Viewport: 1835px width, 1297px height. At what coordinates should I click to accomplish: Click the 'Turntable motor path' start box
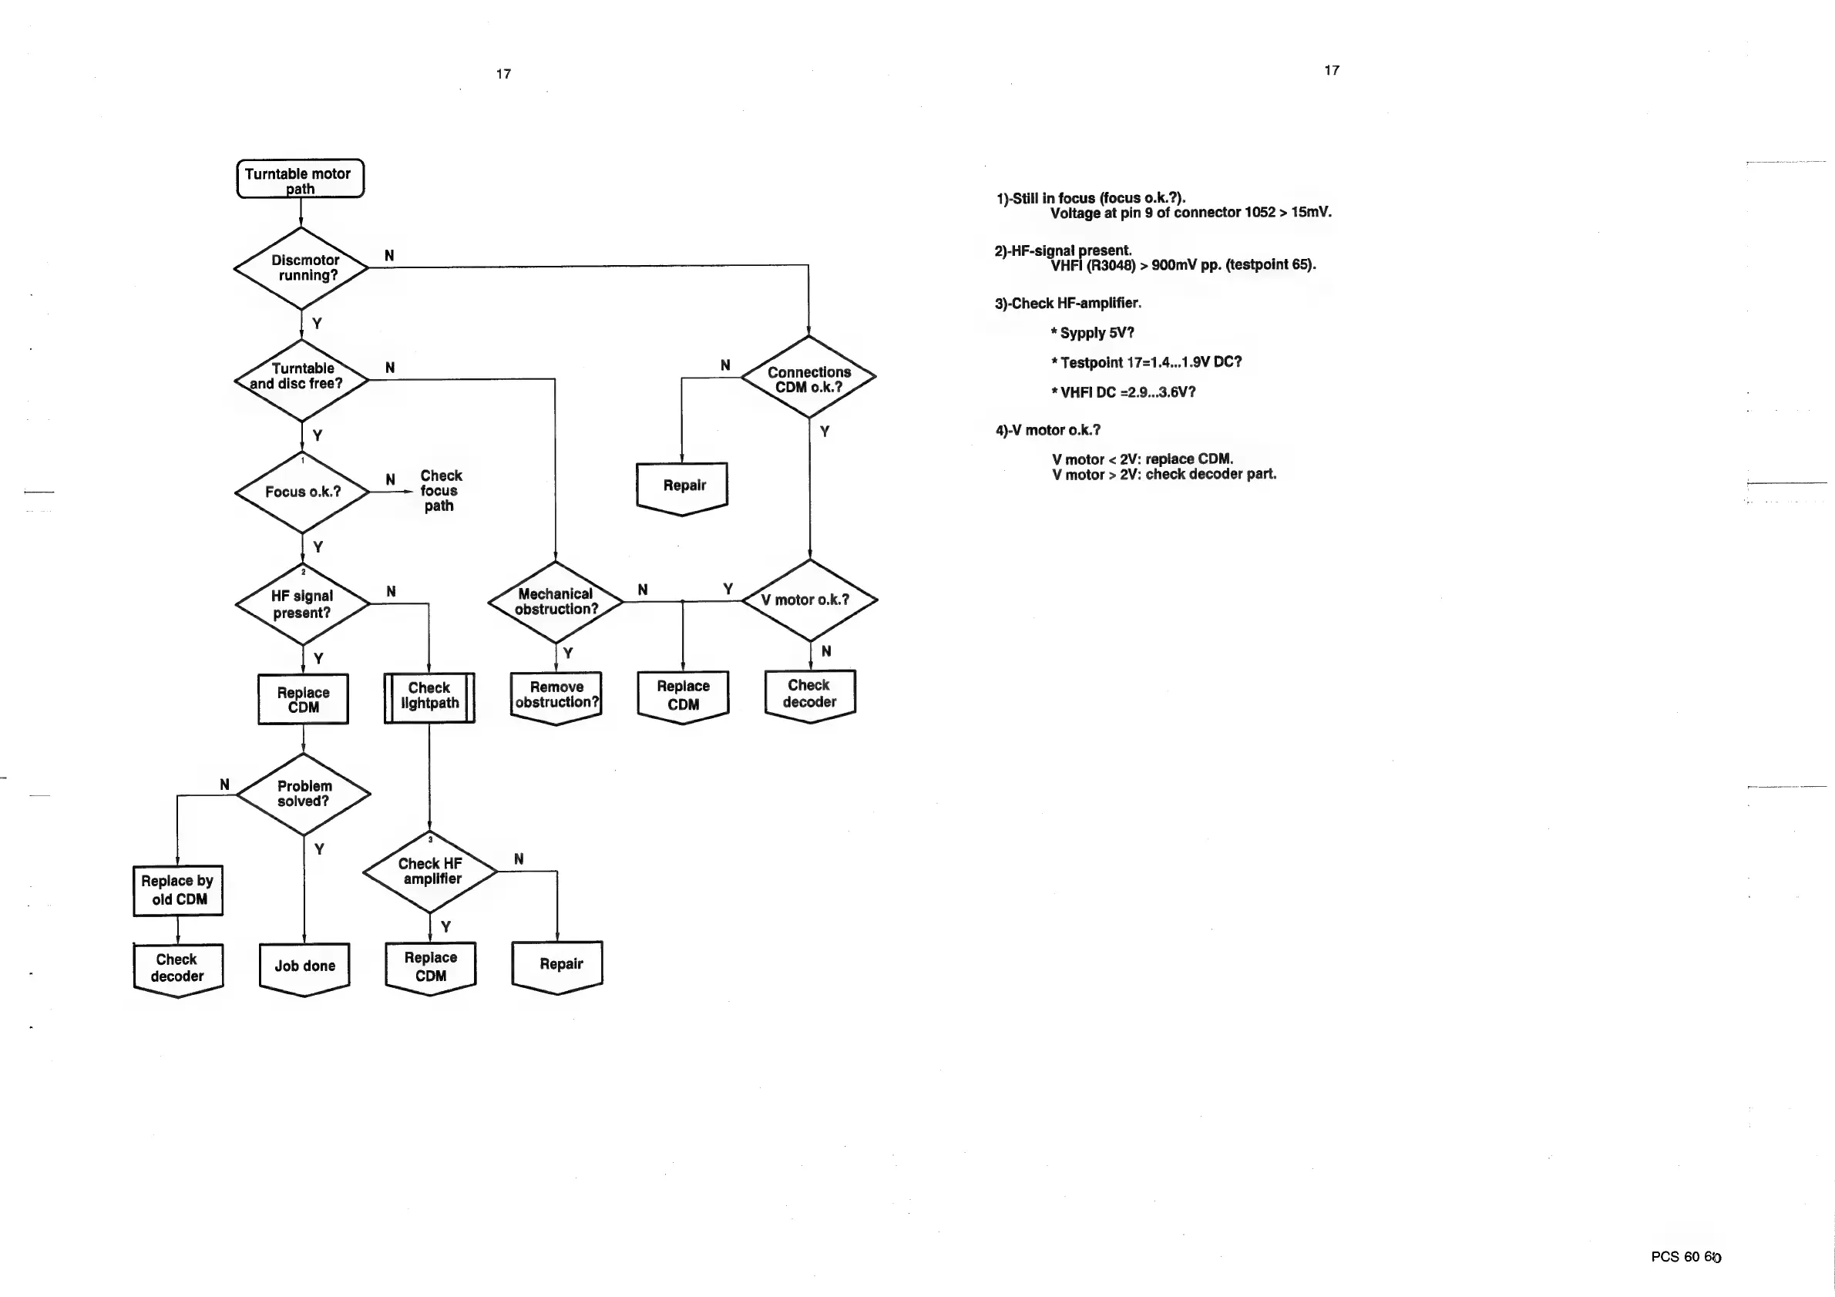click(300, 179)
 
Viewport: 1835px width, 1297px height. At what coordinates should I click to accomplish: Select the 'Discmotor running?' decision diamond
click(301, 268)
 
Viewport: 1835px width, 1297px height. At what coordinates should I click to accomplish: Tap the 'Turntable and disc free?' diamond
click(301, 381)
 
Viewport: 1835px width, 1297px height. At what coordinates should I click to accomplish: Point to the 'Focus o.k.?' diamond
click(302, 492)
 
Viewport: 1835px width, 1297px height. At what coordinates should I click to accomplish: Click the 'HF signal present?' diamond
click(302, 604)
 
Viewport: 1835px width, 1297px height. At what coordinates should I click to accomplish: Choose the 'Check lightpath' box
click(429, 697)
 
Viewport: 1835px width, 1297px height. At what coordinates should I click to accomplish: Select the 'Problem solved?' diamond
click(304, 795)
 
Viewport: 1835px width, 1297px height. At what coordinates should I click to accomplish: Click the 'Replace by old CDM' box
click(177, 890)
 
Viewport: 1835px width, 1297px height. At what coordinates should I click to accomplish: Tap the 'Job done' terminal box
click(304, 967)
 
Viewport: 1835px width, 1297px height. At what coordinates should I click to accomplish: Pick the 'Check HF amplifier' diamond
click(430, 872)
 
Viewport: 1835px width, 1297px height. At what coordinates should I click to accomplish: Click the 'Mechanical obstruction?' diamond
click(556, 602)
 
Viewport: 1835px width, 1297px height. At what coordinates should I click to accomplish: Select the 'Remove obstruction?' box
click(556, 696)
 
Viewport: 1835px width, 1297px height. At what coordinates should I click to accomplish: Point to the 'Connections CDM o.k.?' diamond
click(808, 376)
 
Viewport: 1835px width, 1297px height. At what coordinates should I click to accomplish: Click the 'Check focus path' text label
click(439, 491)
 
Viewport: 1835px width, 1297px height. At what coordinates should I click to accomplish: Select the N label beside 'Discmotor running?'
click(389, 256)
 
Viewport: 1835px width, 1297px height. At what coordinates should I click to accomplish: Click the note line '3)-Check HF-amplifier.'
click(1067, 304)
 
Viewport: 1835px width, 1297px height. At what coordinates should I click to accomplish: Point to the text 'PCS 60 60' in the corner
click(1685, 1257)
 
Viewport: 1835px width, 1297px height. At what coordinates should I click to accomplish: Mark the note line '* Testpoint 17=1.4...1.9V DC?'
click(1146, 362)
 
